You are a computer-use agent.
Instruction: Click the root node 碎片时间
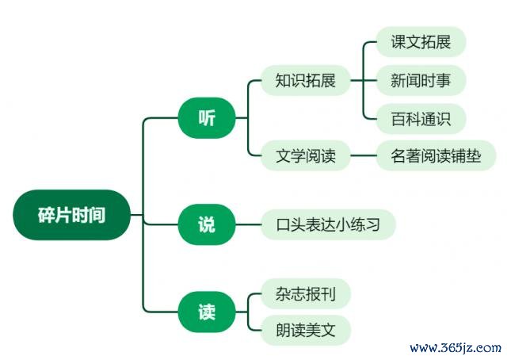coord(72,215)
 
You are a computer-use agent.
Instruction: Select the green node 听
coord(207,118)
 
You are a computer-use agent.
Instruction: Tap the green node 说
coord(207,224)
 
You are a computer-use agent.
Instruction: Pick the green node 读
coord(207,312)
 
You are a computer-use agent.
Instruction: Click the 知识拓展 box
coord(306,80)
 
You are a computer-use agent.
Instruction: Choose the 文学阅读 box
coord(306,155)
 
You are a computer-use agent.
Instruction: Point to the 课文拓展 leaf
coord(421,42)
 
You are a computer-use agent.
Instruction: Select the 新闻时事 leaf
coord(421,80)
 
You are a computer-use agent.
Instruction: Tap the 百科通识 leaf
coord(421,119)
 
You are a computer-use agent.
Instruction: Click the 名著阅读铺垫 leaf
coord(436,155)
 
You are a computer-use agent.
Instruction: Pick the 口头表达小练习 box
coord(328,224)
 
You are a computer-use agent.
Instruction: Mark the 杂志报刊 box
coord(306,293)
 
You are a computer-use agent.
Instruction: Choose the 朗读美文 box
coord(306,330)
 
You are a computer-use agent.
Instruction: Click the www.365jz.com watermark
coord(456,348)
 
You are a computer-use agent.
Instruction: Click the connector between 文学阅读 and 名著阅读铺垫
coord(364,155)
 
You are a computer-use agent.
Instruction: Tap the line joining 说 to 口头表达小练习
coord(248,224)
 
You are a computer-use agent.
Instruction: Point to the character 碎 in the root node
coord(46,215)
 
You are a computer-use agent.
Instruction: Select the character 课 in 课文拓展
coord(398,42)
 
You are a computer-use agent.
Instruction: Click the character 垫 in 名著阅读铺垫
coord(474,155)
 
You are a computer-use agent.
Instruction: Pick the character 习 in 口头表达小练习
coord(372,224)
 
